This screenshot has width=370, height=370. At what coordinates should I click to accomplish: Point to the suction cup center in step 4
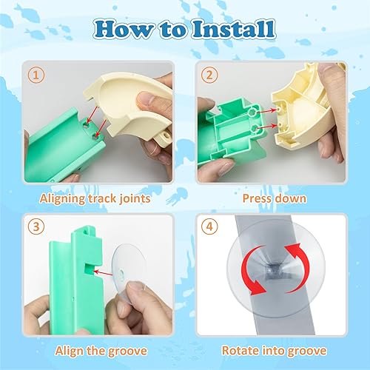[x=275, y=273]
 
